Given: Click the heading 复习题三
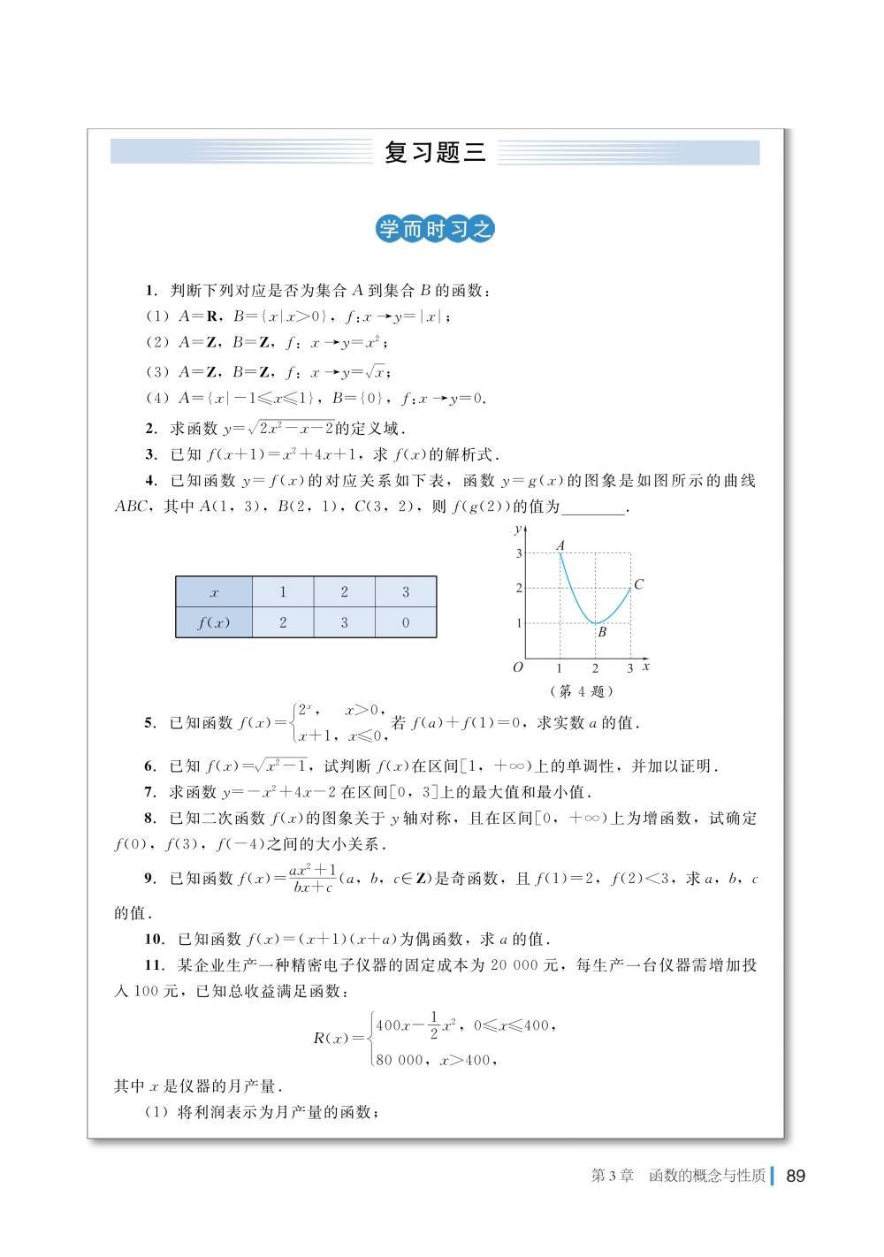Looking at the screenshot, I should coord(435,152).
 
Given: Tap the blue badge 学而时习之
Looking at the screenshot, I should coord(435,230).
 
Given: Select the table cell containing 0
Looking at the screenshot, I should coord(406,622).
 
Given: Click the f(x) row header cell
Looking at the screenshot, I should coord(214,622).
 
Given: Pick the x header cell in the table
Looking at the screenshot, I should coord(214,592).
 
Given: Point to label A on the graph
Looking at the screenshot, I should coord(560,546).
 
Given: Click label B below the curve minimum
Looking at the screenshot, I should coord(602,632).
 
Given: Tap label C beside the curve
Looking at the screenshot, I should coord(638,583).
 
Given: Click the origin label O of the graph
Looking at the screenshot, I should coord(518,667).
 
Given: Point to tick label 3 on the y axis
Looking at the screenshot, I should coord(519,553).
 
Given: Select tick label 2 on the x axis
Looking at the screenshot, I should coord(595,669).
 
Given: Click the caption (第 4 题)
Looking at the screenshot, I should coord(581,691).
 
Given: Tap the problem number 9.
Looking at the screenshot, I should coord(149,878).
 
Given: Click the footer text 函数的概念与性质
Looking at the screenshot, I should coord(706,1176).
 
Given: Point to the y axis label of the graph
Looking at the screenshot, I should coord(517,529).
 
